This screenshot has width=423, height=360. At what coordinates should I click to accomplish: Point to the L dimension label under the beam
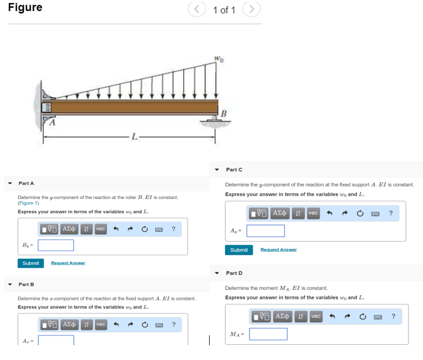135,137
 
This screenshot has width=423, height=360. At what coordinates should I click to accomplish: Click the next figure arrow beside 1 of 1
252,9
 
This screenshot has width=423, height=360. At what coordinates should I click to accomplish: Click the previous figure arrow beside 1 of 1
196,9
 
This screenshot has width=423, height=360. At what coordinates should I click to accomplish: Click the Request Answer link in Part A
68,263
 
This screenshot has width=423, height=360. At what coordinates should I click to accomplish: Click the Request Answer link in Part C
279,249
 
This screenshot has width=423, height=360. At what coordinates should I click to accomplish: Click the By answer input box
55,245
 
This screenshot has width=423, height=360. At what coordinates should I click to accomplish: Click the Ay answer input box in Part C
265,231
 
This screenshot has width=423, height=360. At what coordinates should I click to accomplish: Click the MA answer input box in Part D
268,334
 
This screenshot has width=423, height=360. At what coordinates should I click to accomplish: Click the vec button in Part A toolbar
100,229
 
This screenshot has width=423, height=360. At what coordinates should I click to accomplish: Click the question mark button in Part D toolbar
393,316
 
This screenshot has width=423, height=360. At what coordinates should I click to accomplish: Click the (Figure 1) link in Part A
28,203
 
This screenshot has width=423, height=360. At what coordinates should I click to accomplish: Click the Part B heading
26,284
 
